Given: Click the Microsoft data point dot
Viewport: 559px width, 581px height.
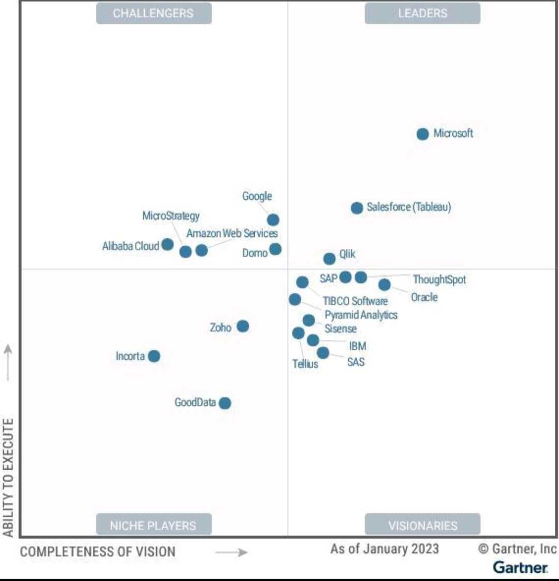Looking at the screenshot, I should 423,134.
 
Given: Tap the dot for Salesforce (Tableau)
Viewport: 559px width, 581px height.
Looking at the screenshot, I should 357,208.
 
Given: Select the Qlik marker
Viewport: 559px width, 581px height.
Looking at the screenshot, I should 329,259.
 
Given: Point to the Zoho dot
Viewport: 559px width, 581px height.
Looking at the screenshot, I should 243,326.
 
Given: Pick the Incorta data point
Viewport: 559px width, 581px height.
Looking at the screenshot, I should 154,356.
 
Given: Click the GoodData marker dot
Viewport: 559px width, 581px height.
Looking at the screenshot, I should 225,403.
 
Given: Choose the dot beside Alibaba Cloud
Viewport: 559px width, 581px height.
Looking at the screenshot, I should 167,244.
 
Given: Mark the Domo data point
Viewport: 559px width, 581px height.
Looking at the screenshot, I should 275,249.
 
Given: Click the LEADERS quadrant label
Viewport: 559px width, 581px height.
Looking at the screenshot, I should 422,13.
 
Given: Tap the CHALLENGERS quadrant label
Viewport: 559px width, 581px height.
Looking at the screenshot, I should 154,13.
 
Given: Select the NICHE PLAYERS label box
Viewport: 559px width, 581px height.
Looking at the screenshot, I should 154,525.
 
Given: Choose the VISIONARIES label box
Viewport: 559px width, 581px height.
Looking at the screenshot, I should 422,525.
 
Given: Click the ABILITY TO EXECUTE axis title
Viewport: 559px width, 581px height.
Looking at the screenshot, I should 8,477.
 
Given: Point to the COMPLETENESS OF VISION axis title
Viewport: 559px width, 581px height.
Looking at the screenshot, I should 98,552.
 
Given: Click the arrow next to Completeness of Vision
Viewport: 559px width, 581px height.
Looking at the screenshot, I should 231,552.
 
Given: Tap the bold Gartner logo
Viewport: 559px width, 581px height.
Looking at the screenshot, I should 520,567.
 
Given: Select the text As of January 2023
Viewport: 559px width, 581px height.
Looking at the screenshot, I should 385,549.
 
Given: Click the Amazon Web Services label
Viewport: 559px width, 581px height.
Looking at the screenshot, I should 232,234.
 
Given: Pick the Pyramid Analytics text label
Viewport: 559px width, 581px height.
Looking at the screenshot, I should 361,315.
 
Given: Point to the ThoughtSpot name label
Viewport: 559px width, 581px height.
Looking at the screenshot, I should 439,280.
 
